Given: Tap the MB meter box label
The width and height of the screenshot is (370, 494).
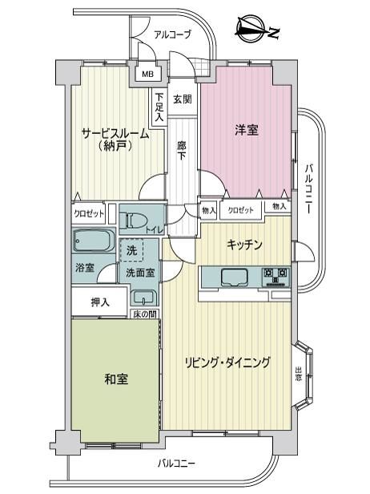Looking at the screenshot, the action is coord(148,75).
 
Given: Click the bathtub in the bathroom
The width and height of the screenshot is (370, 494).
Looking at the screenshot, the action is coord(94,241).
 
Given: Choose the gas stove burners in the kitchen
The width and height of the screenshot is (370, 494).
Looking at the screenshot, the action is coord(276,277).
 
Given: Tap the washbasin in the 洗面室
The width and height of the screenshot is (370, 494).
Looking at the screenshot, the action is coord(143,297).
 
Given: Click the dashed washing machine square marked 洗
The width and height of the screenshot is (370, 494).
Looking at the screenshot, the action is coord(132,250).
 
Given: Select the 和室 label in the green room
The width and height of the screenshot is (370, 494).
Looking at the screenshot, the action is coord(116,379).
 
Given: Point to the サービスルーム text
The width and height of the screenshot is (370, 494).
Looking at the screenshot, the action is coord(115,134).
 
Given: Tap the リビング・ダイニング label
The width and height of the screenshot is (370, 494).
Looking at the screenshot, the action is coord(227,362).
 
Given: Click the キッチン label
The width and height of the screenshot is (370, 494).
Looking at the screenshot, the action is coord(244,244).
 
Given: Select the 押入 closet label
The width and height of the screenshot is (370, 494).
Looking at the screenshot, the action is coord(100,302).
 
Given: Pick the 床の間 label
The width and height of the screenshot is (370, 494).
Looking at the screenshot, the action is coord(144,314).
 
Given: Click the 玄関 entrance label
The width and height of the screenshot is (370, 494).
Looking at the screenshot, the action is coord(183,99).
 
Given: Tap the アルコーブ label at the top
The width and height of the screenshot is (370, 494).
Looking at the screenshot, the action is coord(173,34).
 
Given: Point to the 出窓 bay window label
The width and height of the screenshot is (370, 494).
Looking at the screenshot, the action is coord(298,374).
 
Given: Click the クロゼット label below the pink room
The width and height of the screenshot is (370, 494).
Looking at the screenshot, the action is coord(240,210).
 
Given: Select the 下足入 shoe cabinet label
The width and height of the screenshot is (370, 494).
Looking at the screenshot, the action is coord(160,107).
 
